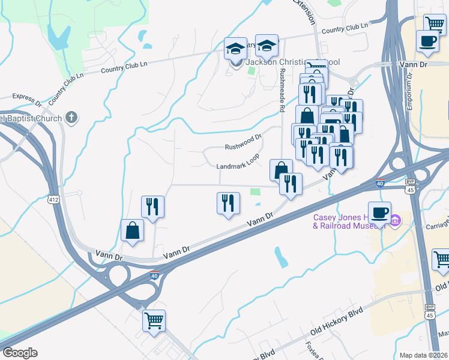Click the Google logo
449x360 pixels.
click(19, 353)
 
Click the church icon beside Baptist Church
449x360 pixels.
click(71, 118)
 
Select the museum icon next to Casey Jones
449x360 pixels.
click(395, 221)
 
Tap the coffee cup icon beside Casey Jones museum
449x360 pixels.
click(379, 212)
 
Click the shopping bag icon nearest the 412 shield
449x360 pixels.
click(132, 230)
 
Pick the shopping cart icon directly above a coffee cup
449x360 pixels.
click(435, 24)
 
